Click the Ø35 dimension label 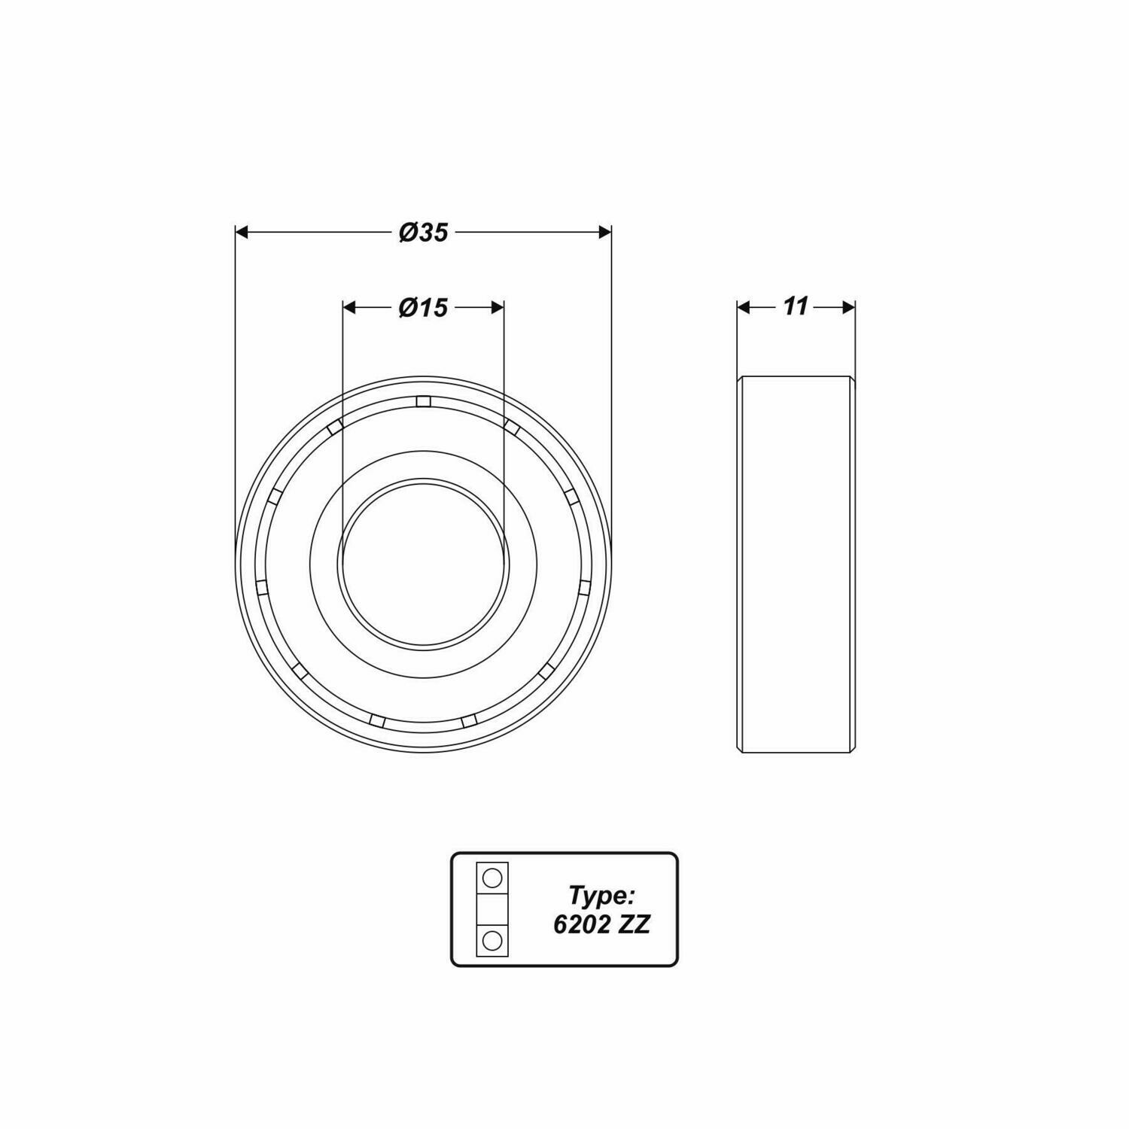(x=424, y=233)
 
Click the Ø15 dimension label (x=423, y=307)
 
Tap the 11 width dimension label (x=796, y=306)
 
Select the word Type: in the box (x=603, y=896)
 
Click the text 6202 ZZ (x=601, y=925)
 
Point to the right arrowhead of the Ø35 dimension (x=604, y=233)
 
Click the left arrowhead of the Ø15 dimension (x=348, y=307)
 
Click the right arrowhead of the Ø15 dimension (x=498, y=307)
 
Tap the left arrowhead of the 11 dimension (x=744, y=307)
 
